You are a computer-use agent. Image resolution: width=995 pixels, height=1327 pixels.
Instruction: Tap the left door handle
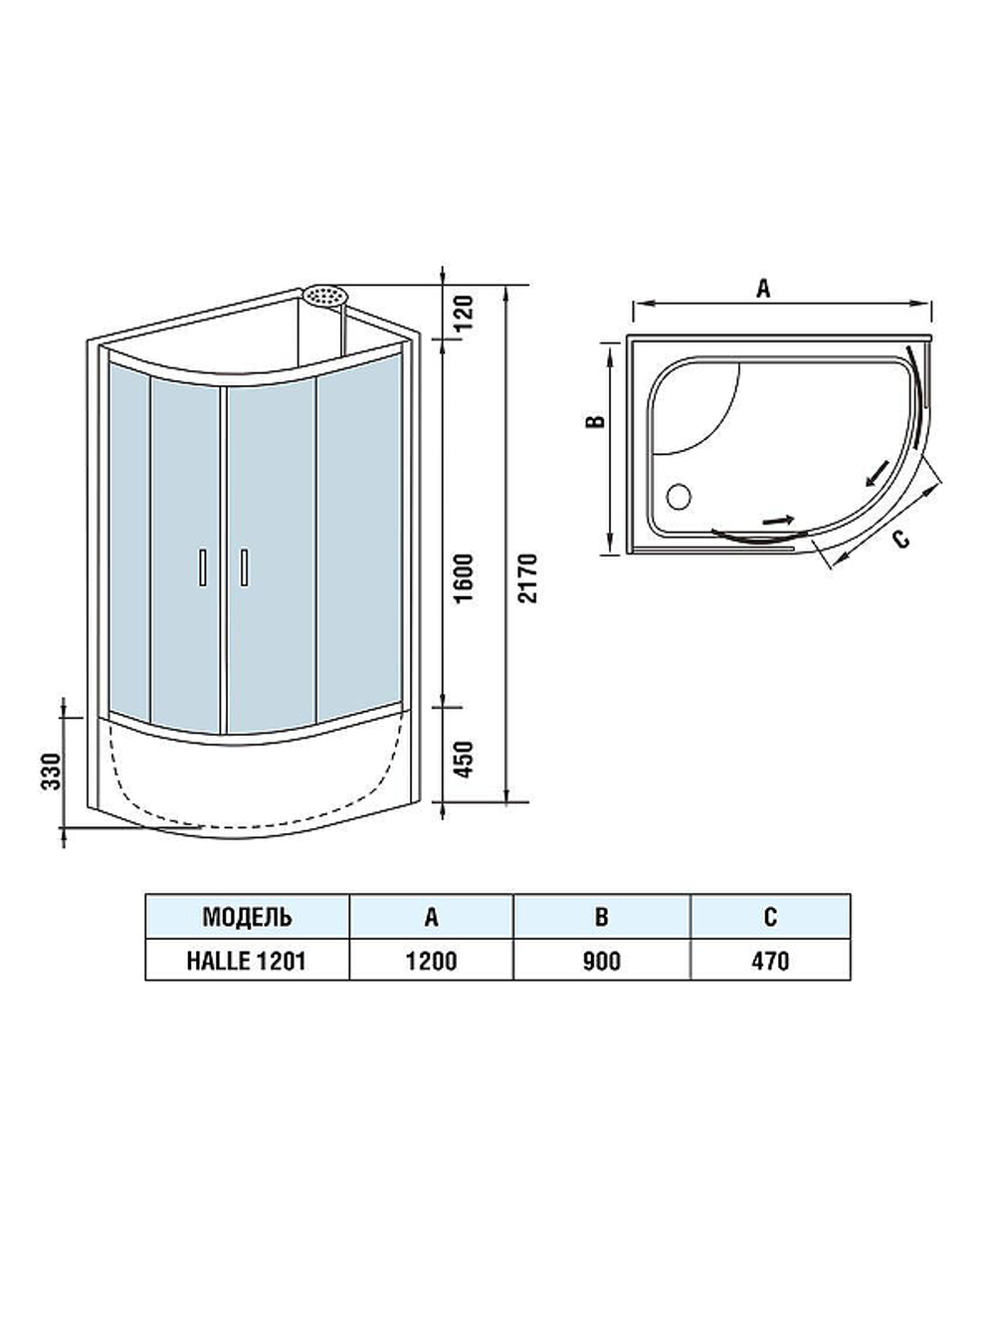click(x=202, y=566)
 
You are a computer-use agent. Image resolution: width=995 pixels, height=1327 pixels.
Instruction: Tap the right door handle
click(x=242, y=566)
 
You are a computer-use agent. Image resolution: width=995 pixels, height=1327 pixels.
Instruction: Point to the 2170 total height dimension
click(x=528, y=577)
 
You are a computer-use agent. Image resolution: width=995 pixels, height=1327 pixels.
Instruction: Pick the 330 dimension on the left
click(x=51, y=771)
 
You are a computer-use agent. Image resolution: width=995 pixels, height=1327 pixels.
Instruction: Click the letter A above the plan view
click(x=763, y=289)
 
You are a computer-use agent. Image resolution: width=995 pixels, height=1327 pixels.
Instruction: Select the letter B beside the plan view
click(x=594, y=421)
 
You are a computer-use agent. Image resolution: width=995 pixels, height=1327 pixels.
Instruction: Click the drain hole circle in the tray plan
click(x=681, y=494)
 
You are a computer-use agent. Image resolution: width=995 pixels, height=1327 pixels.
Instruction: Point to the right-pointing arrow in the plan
click(x=778, y=519)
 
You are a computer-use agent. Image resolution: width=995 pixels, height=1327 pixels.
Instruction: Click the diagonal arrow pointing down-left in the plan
click(x=878, y=472)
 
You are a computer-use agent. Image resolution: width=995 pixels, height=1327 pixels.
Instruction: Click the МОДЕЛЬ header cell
click(x=247, y=916)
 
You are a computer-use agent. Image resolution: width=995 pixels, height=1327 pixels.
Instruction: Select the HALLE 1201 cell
click(x=247, y=960)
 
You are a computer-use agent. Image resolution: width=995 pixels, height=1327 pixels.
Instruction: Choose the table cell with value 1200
click(x=431, y=960)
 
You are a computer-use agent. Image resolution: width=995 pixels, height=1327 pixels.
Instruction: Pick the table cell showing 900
click(x=601, y=960)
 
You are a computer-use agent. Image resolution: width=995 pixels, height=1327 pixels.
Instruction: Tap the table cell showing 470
click(x=770, y=960)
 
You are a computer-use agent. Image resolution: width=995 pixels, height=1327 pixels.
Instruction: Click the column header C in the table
click(x=770, y=916)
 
